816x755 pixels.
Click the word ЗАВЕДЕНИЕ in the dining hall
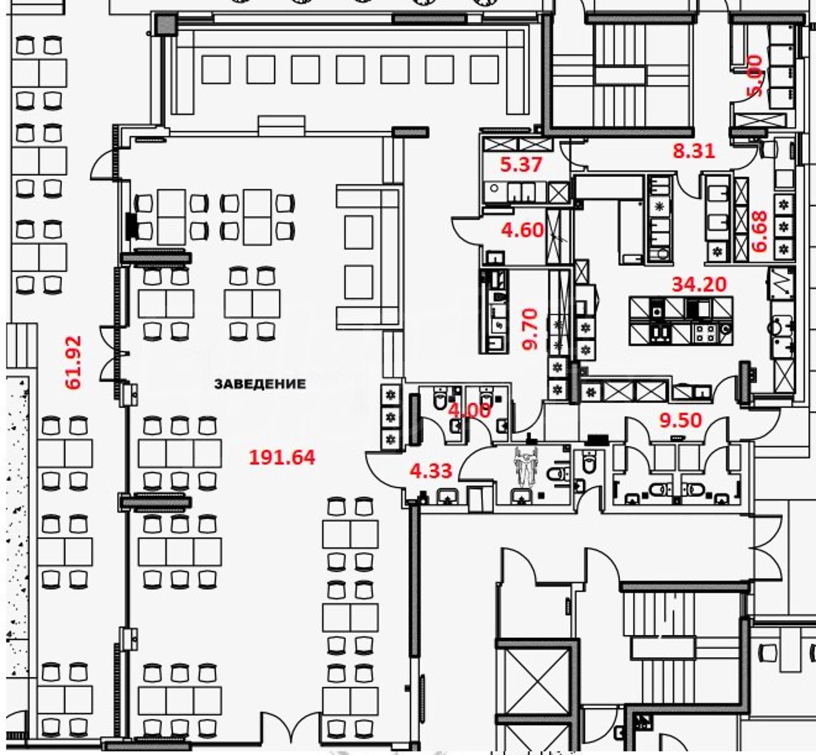[x=260, y=384]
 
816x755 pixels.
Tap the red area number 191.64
[x=282, y=457]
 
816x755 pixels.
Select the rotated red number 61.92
[x=74, y=363]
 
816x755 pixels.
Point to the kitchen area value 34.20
[x=699, y=284]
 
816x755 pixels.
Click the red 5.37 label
[x=521, y=164]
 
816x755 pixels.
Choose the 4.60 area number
[x=522, y=230]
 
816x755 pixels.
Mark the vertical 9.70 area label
[x=530, y=329]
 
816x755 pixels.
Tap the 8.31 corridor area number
[x=694, y=151]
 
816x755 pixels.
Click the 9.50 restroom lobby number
[x=681, y=420]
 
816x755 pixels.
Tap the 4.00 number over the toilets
[x=469, y=410]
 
